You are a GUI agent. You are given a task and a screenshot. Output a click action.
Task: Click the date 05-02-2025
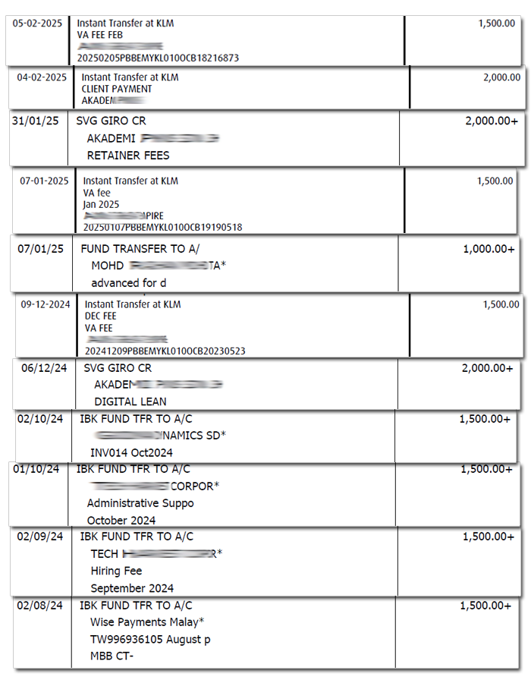[37, 24]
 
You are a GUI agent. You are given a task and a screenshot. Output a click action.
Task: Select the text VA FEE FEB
[100, 35]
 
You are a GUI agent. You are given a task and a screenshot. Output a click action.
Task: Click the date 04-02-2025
[42, 77]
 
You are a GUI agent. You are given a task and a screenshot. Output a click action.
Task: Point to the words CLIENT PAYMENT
[117, 89]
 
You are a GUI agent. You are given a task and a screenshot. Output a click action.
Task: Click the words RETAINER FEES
[128, 156]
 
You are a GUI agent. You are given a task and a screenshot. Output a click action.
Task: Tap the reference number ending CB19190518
[162, 227]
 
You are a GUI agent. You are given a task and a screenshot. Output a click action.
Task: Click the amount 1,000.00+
[489, 249]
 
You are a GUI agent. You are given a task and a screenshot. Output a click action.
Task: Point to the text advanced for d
[129, 283]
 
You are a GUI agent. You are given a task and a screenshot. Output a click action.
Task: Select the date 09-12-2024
[46, 305]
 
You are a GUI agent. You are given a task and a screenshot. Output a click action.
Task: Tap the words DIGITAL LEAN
[130, 401]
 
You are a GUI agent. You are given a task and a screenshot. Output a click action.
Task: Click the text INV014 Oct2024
[130, 453]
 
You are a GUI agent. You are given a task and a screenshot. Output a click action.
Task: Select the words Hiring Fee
[116, 571]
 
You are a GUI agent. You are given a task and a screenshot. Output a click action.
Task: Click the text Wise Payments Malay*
[147, 622]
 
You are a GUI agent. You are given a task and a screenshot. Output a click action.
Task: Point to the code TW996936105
[124, 639]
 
